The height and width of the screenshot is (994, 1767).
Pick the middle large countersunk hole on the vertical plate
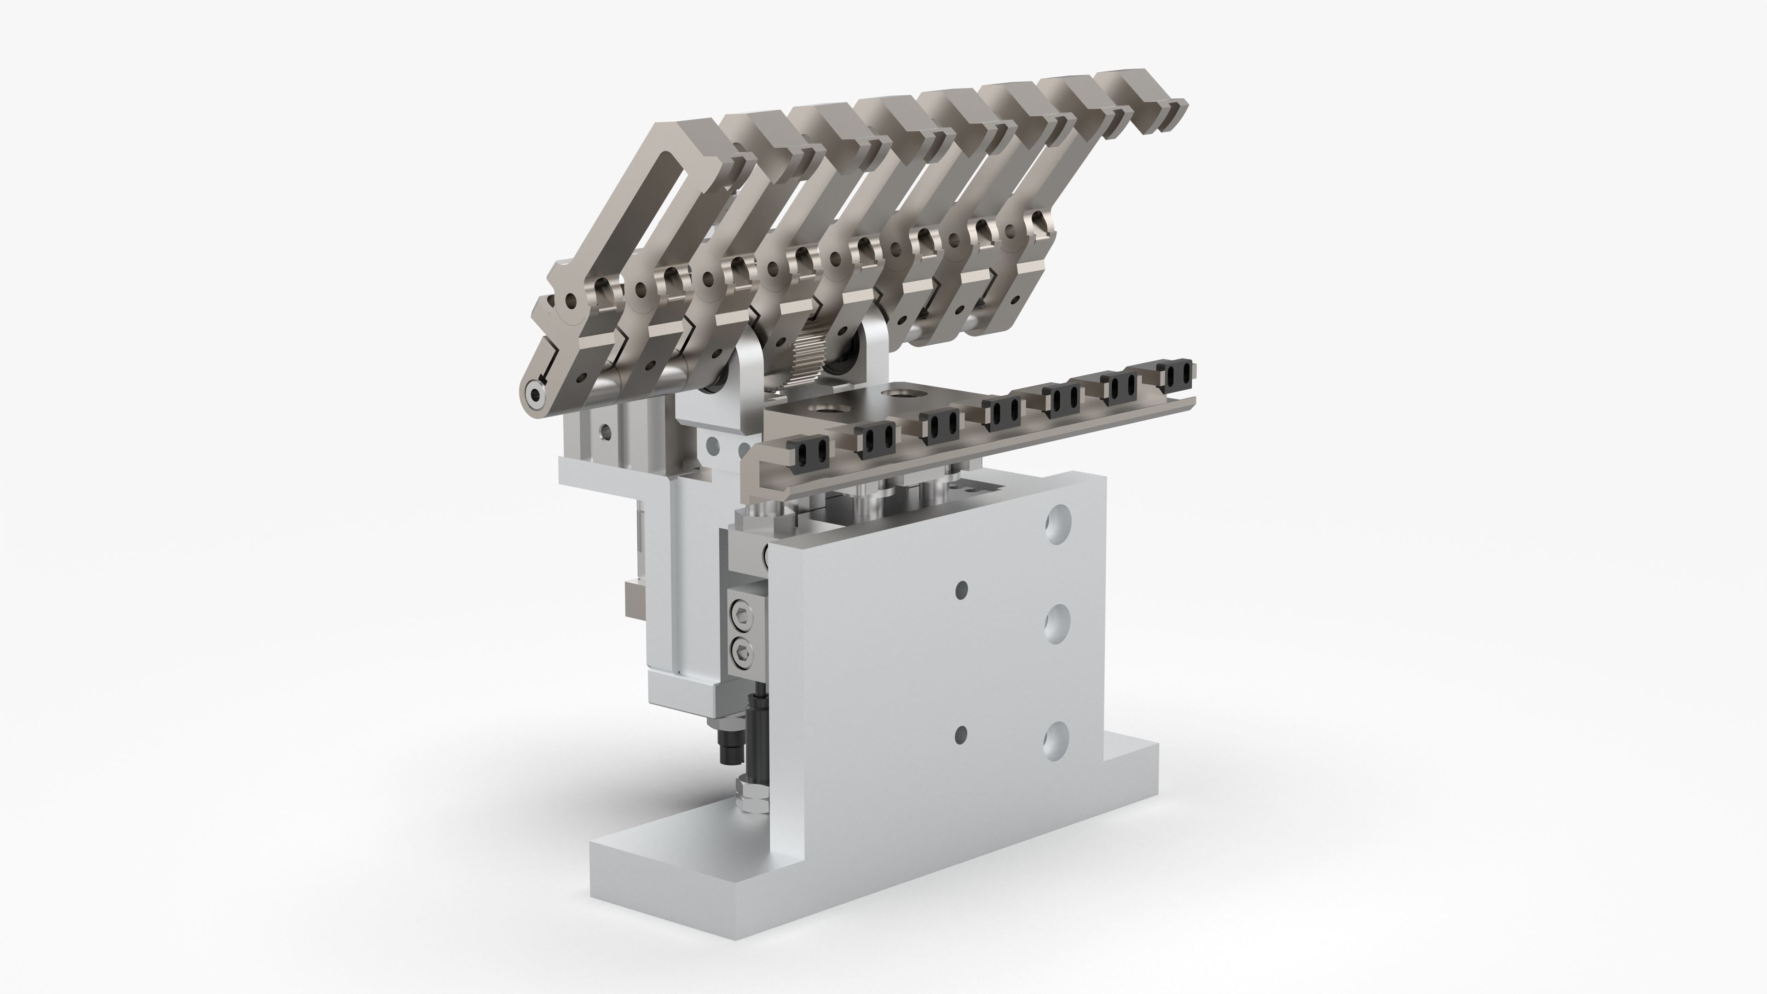pos(1057,624)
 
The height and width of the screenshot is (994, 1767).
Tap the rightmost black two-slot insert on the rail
pos(1178,374)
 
